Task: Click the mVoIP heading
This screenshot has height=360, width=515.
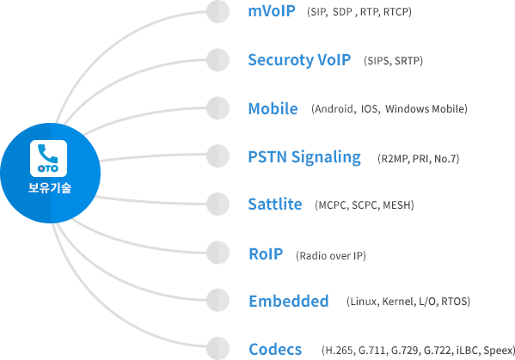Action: pyautogui.click(x=272, y=11)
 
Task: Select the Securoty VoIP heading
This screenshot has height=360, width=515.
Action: pyautogui.click(x=299, y=60)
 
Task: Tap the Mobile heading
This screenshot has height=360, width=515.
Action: pyautogui.click(x=273, y=108)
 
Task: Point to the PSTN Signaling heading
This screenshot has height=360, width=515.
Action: pyautogui.click(x=304, y=157)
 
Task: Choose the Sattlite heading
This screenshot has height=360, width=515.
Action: pyautogui.click(x=275, y=204)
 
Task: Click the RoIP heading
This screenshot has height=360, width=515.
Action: pyautogui.click(x=266, y=254)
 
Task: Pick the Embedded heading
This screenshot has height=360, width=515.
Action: pyautogui.click(x=289, y=301)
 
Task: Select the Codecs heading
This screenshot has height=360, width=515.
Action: pyautogui.click(x=275, y=350)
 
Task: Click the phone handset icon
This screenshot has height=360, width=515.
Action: pyautogui.click(x=48, y=153)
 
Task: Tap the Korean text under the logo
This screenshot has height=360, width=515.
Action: pyautogui.click(x=50, y=188)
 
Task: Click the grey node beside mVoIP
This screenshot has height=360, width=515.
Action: pyautogui.click(x=218, y=12)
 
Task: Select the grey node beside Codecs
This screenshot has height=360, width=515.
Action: pyautogui.click(x=218, y=348)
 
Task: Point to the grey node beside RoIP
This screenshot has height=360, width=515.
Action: pyautogui.click(x=218, y=253)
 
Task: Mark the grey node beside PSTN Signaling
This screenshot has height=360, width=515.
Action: pyautogui.click(x=218, y=156)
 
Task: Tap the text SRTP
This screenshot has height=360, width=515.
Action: pyautogui.click(x=408, y=61)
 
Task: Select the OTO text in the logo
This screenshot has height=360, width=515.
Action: pyautogui.click(x=48, y=168)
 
